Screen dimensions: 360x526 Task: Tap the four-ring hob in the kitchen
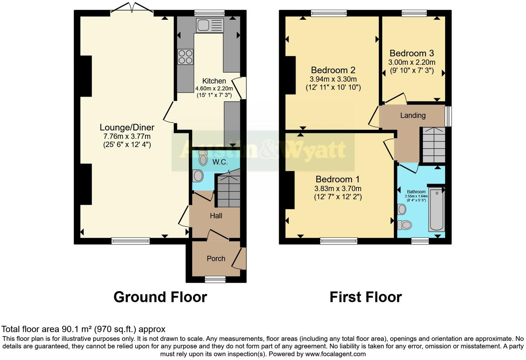click(x=185, y=57)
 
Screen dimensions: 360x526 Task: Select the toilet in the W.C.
click(x=203, y=158)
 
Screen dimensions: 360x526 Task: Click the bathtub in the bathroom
click(x=436, y=209)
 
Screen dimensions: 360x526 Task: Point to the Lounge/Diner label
click(x=127, y=127)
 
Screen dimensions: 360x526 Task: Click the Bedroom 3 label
click(x=411, y=53)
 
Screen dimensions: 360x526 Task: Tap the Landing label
click(x=412, y=116)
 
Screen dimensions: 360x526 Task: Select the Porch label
click(x=216, y=259)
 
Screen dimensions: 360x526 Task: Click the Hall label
click(x=216, y=216)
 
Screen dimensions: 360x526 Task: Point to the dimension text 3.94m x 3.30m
click(x=333, y=79)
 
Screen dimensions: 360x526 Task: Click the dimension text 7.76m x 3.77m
click(x=127, y=136)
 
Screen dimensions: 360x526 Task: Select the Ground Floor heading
click(x=160, y=297)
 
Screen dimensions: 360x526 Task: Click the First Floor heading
click(x=365, y=297)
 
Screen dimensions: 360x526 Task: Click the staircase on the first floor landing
click(x=434, y=145)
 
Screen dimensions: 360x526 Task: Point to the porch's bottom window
click(x=215, y=279)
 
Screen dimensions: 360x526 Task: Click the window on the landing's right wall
click(x=448, y=116)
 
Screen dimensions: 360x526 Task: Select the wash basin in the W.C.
click(x=198, y=175)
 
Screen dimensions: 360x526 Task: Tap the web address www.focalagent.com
click(x=335, y=354)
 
